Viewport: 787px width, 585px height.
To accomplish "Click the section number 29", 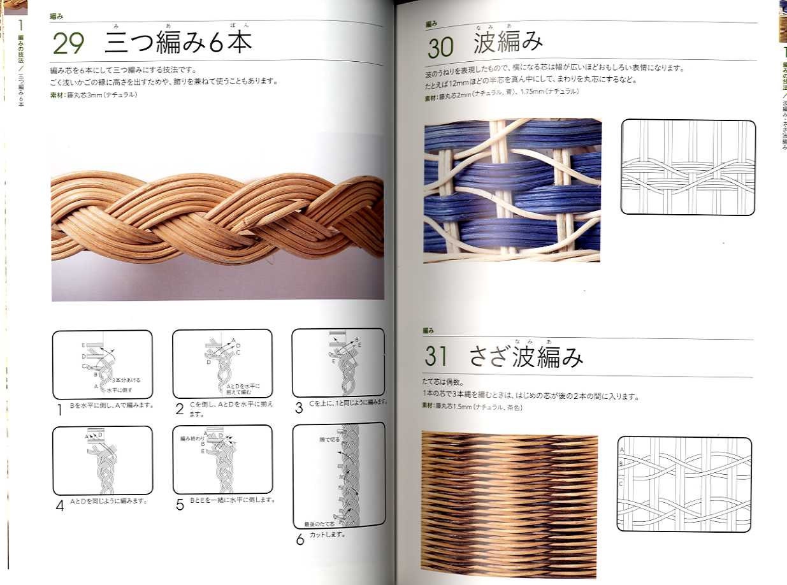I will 68,43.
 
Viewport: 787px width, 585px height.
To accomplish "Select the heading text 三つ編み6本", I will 178,42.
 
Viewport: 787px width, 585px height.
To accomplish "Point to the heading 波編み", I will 509,43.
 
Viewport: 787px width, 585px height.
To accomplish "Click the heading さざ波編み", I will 526,357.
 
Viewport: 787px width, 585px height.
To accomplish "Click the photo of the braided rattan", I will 217,217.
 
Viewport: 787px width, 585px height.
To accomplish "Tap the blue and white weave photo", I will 512,190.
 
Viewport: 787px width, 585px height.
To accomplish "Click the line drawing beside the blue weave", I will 687,166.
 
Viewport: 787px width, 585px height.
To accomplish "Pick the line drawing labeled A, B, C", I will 684,484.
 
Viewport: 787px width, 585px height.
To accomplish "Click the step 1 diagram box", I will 102,365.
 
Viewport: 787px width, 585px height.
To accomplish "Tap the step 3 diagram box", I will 338,362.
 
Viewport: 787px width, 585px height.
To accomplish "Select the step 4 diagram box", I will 102,460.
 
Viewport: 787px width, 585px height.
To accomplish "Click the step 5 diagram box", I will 222,459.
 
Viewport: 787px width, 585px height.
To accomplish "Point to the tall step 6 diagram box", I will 338,475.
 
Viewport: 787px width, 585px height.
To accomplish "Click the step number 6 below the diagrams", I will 300,540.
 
